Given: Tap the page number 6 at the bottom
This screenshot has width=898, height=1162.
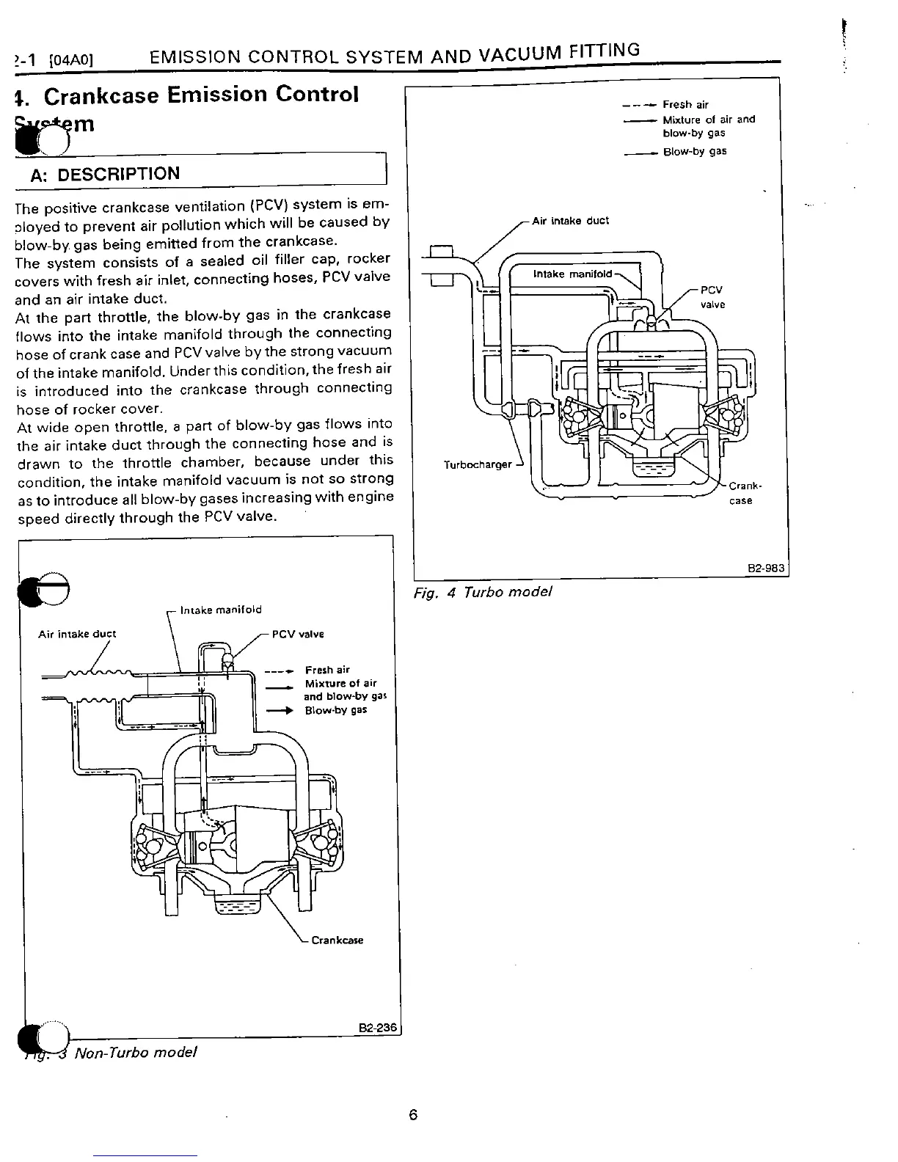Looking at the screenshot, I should click(412, 1115).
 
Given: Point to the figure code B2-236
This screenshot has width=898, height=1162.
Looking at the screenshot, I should click(378, 1028).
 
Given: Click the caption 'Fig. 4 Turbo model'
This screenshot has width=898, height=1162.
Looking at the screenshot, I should click(482, 592).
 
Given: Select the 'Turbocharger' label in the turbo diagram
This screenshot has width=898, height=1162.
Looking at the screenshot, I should click(478, 464).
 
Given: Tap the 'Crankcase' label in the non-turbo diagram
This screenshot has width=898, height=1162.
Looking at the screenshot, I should click(337, 940).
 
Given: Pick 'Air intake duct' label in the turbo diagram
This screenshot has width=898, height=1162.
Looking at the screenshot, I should click(570, 221).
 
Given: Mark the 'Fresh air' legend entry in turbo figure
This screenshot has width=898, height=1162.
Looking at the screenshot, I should click(685, 105).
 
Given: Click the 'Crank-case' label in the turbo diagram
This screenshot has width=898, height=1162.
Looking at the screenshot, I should click(740, 493).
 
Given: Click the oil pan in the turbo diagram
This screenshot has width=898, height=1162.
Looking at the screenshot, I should click(646, 467).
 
